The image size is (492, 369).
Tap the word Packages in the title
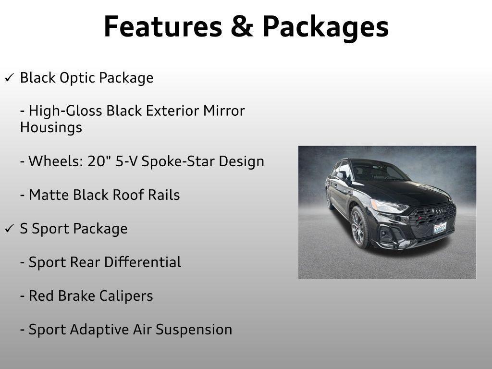[x=325, y=27]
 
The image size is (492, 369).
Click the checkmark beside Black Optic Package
[x=9, y=78]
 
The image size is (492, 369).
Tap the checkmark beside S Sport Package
[x=9, y=229]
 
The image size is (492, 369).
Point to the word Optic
[x=76, y=78]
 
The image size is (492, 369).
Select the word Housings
[x=51, y=128]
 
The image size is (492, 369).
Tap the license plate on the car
[x=440, y=228]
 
